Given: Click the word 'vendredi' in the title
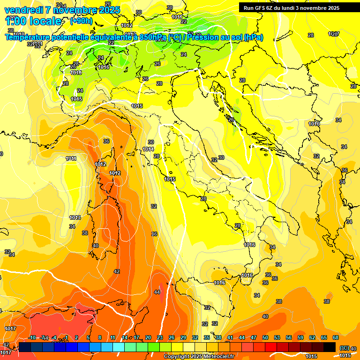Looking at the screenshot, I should [x=21, y=10].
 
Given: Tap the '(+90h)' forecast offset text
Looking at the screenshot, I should [x=81, y=21].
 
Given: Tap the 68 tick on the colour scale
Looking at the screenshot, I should [x=336, y=337].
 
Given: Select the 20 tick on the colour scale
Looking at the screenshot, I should [x=148, y=337].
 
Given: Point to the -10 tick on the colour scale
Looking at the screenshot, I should [x=32, y=337].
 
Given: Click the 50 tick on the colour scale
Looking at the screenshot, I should [x=265, y=337].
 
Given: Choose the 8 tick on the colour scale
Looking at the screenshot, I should [x=100, y=337].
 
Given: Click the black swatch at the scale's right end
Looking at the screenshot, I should [x=329, y=347].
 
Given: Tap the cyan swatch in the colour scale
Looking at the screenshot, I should [x=119, y=347].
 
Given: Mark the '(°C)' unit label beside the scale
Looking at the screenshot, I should [x=344, y=348].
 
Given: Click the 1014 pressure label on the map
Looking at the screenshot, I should [x=148, y=149].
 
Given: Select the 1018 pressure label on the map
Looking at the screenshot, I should [x=76, y=73].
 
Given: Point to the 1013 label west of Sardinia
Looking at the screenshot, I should [x=75, y=217].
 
